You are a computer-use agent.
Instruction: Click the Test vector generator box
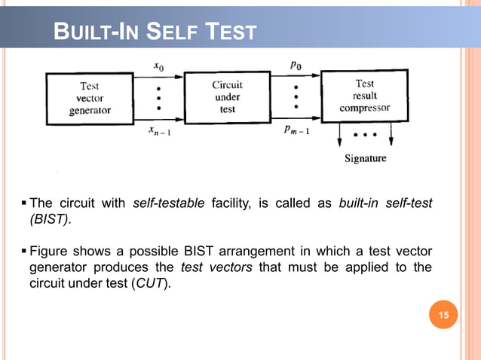point(90,99)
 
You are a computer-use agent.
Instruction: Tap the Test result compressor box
point(365,96)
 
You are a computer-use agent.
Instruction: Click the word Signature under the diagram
point(365,158)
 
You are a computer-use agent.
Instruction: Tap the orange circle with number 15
point(444,315)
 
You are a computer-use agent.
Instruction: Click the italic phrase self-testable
point(164,203)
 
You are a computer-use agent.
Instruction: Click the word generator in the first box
point(90,110)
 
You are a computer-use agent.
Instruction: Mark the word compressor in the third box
point(365,108)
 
